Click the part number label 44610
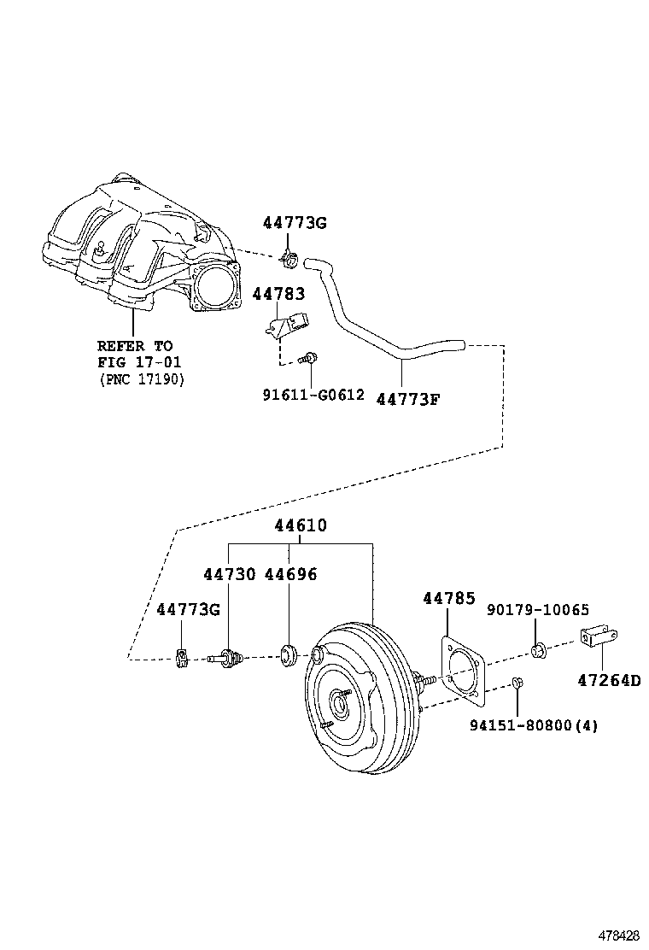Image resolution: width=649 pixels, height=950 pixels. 300,526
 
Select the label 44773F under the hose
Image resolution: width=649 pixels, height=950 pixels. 407,397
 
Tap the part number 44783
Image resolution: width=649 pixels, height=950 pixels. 278,294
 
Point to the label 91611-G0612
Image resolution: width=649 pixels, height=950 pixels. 313,395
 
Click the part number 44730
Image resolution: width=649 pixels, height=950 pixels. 229,574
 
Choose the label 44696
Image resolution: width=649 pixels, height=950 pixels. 290,574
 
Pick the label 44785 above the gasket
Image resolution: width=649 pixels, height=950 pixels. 448,599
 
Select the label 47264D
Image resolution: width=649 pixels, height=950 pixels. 608,680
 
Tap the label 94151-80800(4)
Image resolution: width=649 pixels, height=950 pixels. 534,726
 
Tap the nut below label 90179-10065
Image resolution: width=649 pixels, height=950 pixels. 539,653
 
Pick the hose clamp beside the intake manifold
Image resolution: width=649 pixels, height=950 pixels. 289,255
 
